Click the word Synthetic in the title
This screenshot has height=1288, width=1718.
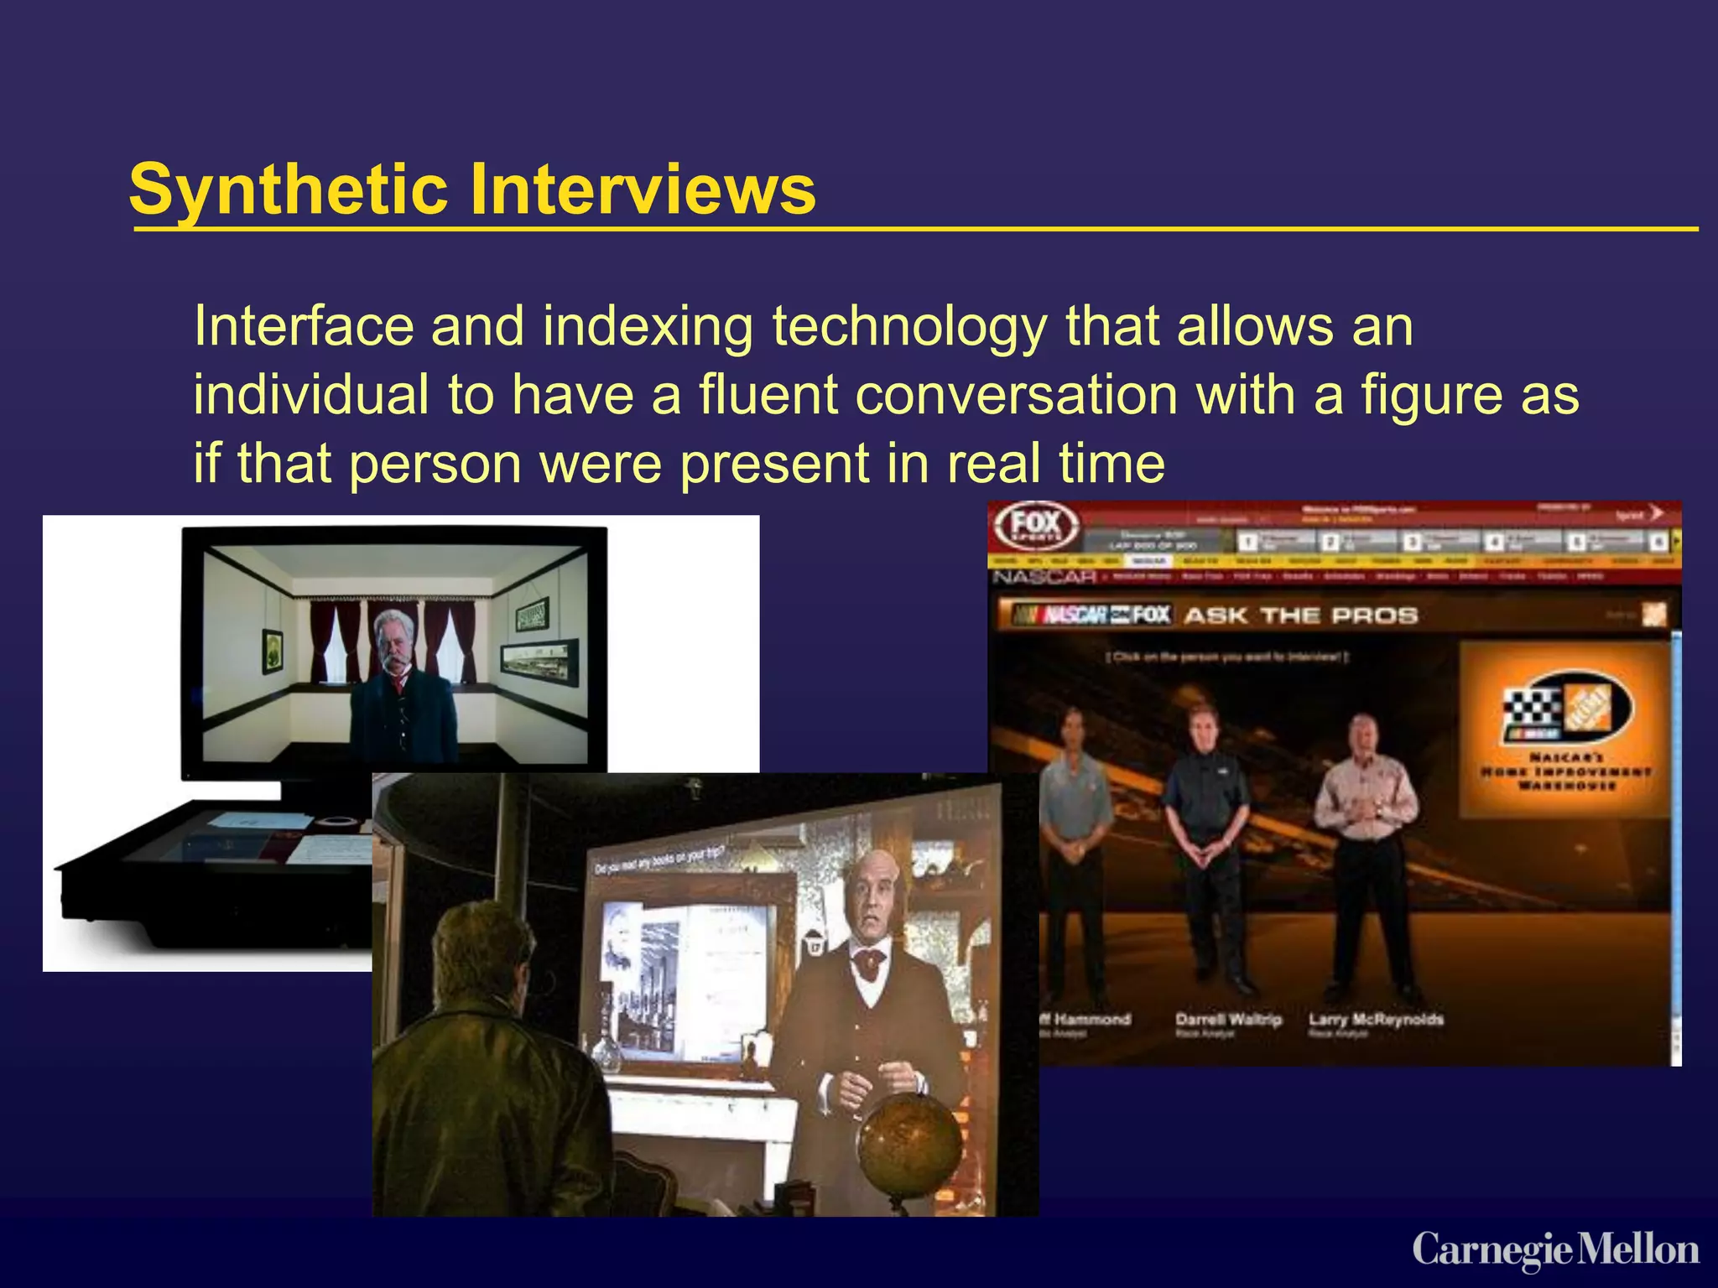pyautogui.click(x=288, y=190)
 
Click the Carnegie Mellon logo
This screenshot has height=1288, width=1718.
pyautogui.click(x=1555, y=1250)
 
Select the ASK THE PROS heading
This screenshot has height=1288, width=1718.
pyautogui.click(x=1300, y=615)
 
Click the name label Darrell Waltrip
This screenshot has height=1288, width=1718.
pyautogui.click(x=1228, y=1020)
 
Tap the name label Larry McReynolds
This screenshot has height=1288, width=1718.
pyautogui.click(x=1376, y=1020)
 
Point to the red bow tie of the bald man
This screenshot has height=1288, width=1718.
pyautogui.click(x=870, y=962)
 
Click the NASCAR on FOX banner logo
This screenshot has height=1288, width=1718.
pyautogui.click(x=1091, y=615)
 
